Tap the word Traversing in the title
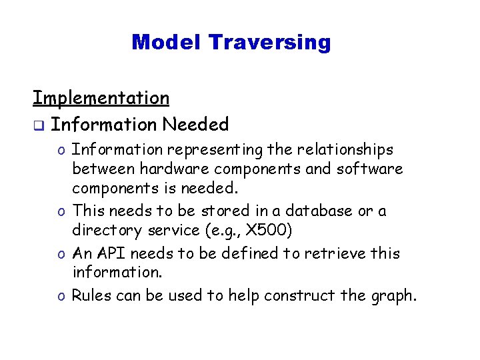click(269, 43)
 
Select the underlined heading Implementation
click(101, 98)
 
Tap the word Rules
click(91, 295)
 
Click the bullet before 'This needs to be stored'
click(60, 212)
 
